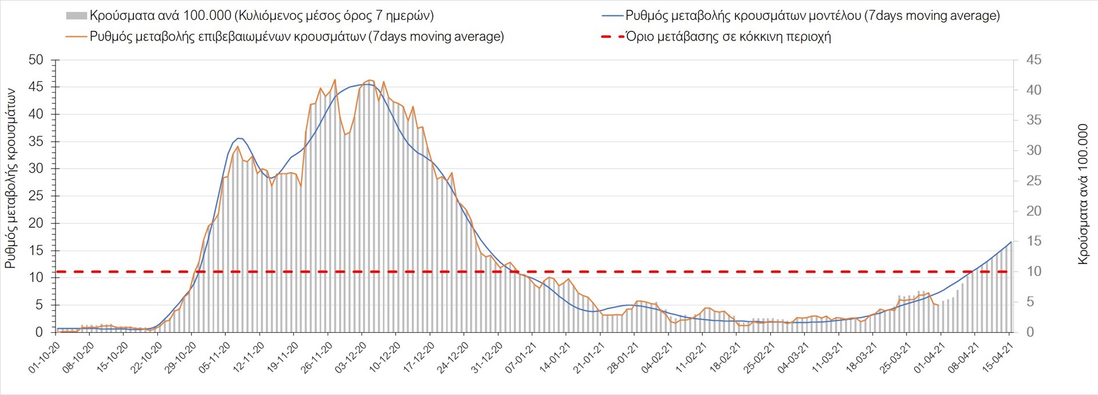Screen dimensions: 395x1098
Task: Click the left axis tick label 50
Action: [x=35, y=60]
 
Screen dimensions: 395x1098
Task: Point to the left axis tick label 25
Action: [x=35, y=196]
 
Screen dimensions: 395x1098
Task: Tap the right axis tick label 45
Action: [x=1034, y=60]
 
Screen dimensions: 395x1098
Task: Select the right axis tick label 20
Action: [x=1034, y=211]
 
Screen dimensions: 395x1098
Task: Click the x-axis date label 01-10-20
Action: [x=45, y=358]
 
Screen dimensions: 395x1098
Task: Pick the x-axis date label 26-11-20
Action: [x=317, y=358]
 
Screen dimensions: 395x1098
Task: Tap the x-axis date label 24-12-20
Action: [x=453, y=358]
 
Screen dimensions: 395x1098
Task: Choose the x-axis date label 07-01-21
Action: [x=521, y=358]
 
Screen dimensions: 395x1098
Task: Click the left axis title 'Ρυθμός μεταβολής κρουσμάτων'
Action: [x=10, y=178]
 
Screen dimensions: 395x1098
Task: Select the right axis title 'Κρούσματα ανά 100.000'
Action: [x=1083, y=194]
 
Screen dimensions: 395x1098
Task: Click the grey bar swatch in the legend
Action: [x=76, y=16]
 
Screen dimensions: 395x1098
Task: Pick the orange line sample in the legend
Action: [x=76, y=37]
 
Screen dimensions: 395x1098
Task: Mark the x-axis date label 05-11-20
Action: [x=214, y=358]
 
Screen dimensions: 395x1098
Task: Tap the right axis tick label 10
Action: [x=1034, y=272]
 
